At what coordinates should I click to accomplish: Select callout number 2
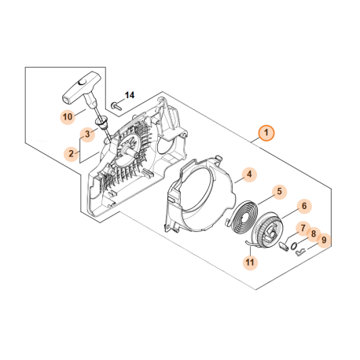pos(71,153)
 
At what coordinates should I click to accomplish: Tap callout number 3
pos(89,134)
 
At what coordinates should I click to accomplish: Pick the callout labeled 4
pos(248,174)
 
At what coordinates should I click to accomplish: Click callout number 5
pos(278,191)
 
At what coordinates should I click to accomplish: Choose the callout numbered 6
pos(303,207)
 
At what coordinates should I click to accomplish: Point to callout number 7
pos(301,228)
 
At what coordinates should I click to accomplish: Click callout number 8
pos(313,233)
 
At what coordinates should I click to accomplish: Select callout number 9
pos(324,240)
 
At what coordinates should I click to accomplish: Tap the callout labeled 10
pos(68,116)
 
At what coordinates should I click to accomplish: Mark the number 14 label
pos(130,95)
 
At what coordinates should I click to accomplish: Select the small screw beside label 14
pos(117,103)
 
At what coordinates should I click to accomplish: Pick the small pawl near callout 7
pos(285,244)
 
